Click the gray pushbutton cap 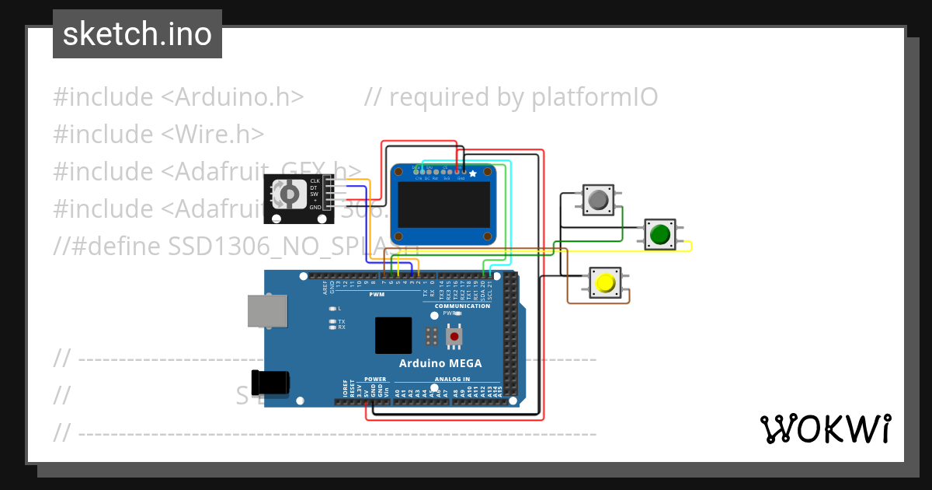(x=598, y=201)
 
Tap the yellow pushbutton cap (x=605, y=282)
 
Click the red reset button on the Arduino (x=454, y=337)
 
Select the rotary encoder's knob (x=289, y=194)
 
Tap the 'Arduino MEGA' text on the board (x=440, y=363)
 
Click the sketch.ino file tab (x=137, y=34)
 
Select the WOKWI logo (x=825, y=429)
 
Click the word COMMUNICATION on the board (x=462, y=306)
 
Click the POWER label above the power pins (x=375, y=379)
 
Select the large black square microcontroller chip (x=393, y=335)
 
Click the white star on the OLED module (x=473, y=174)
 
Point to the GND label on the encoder (x=315, y=208)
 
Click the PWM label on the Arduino (x=377, y=295)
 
